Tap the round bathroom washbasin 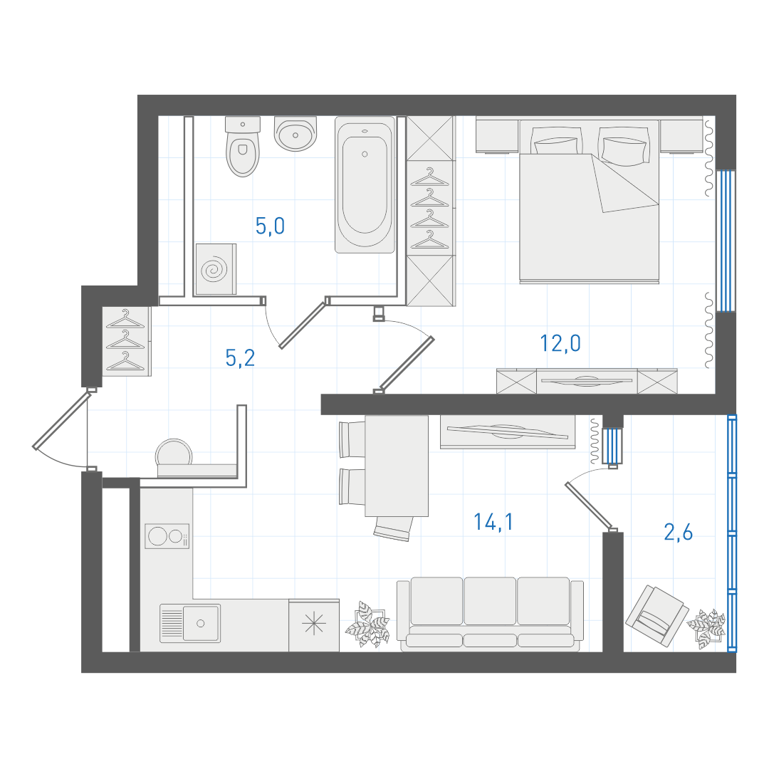(295, 133)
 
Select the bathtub (365, 184)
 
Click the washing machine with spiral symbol (216, 269)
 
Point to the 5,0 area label (270, 226)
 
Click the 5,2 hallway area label (240, 357)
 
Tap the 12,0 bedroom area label (560, 343)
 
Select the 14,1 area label (493, 522)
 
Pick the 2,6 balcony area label (679, 532)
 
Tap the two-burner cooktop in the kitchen (167, 536)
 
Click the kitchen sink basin (201, 623)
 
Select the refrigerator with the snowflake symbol (314, 625)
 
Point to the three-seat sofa (490, 614)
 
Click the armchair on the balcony (656, 616)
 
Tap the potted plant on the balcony (706, 628)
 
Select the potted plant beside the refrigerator (367, 624)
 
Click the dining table (397, 466)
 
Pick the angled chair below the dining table (393, 528)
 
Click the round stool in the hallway (174, 451)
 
